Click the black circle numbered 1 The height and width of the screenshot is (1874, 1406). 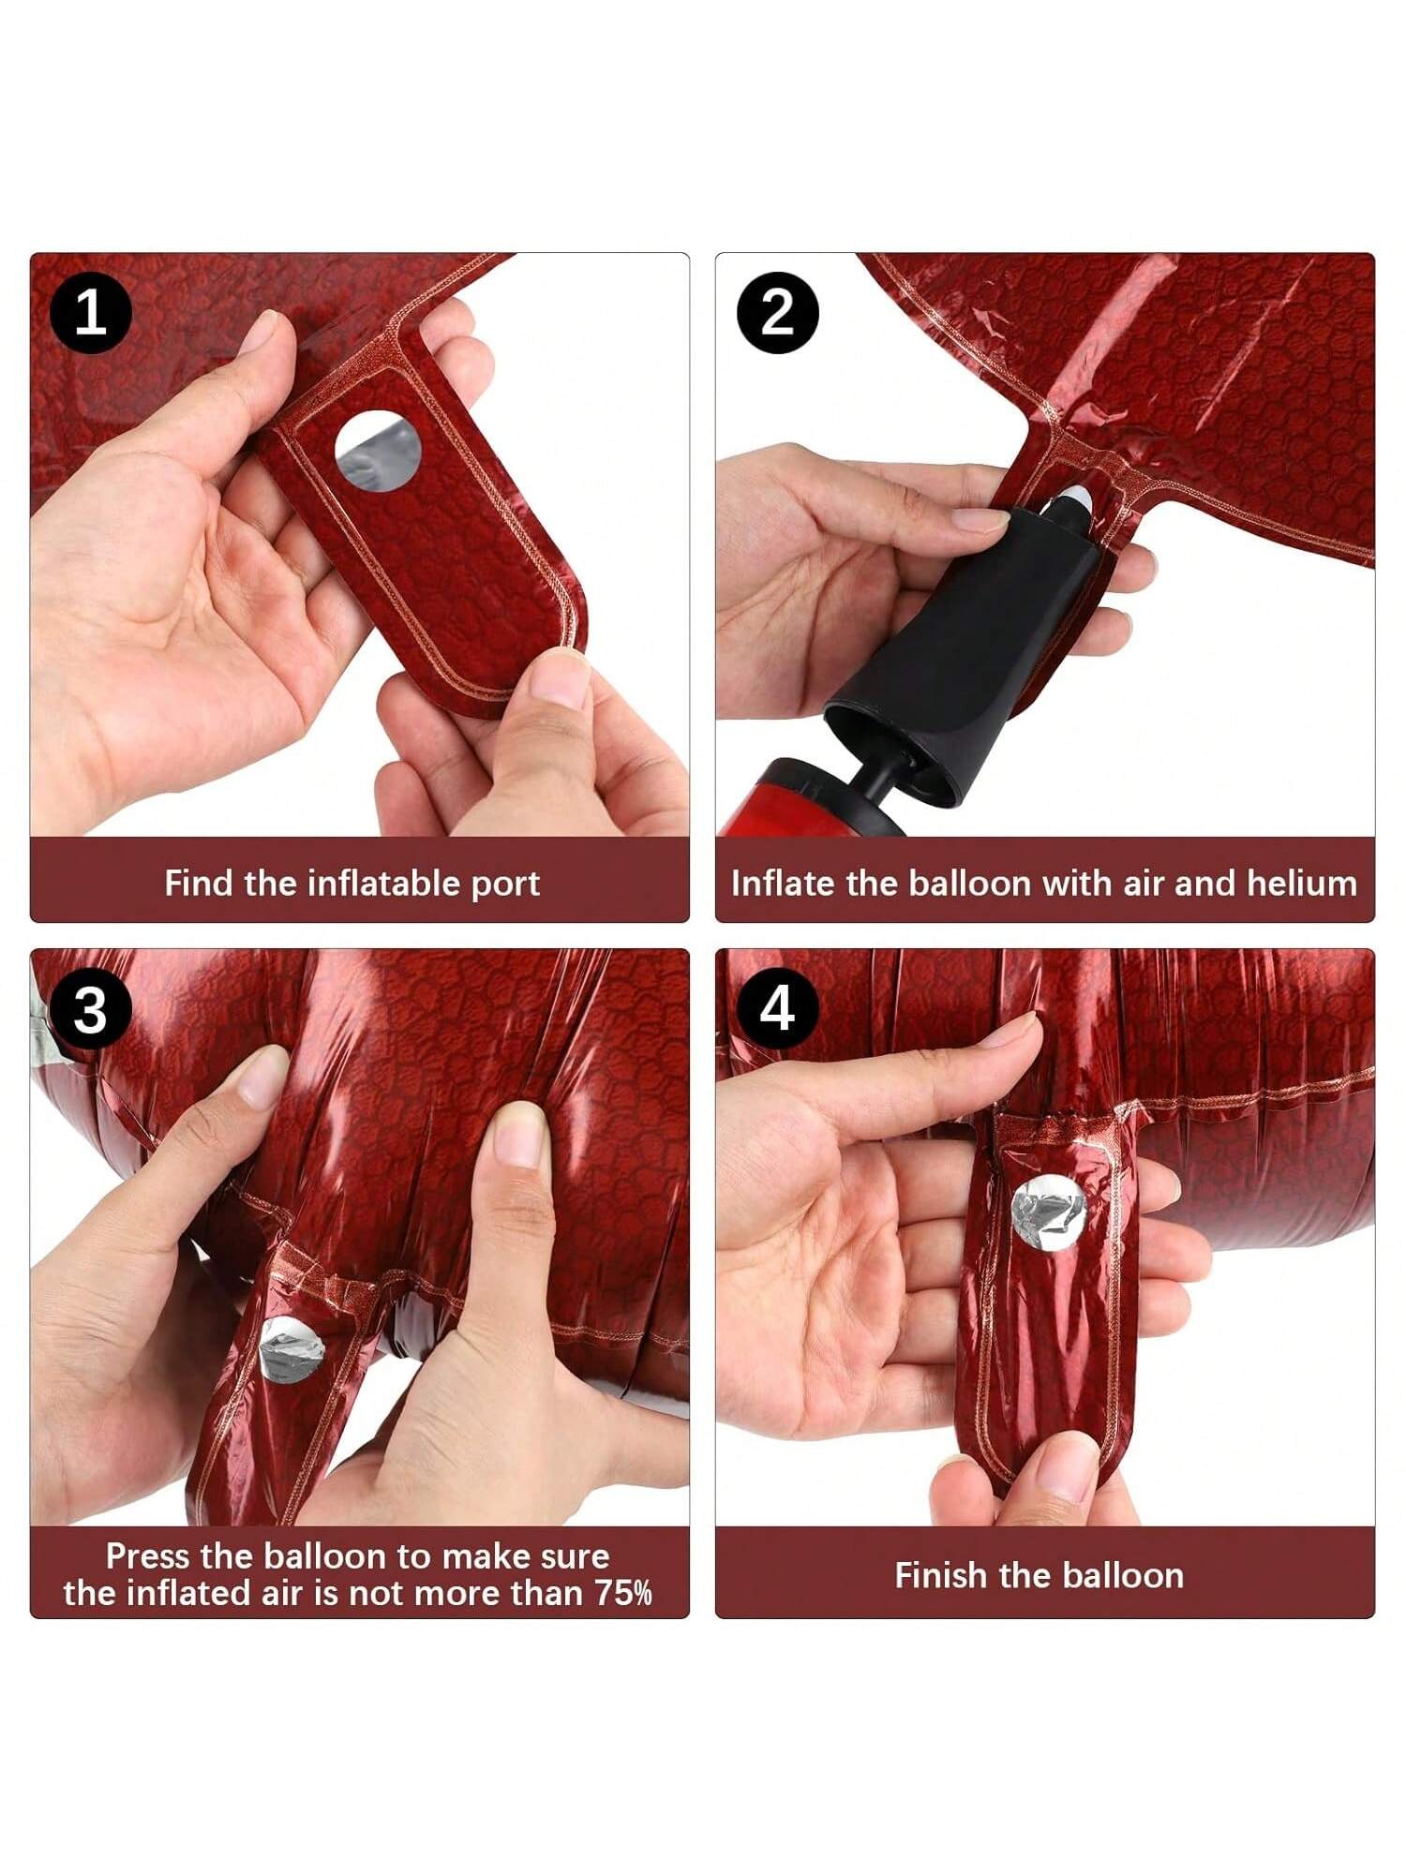(x=90, y=313)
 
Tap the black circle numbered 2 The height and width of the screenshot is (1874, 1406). (x=777, y=313)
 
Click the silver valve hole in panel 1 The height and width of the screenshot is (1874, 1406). (x=379, y=452)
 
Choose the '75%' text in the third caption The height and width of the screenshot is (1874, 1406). (x=623, y=1593)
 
